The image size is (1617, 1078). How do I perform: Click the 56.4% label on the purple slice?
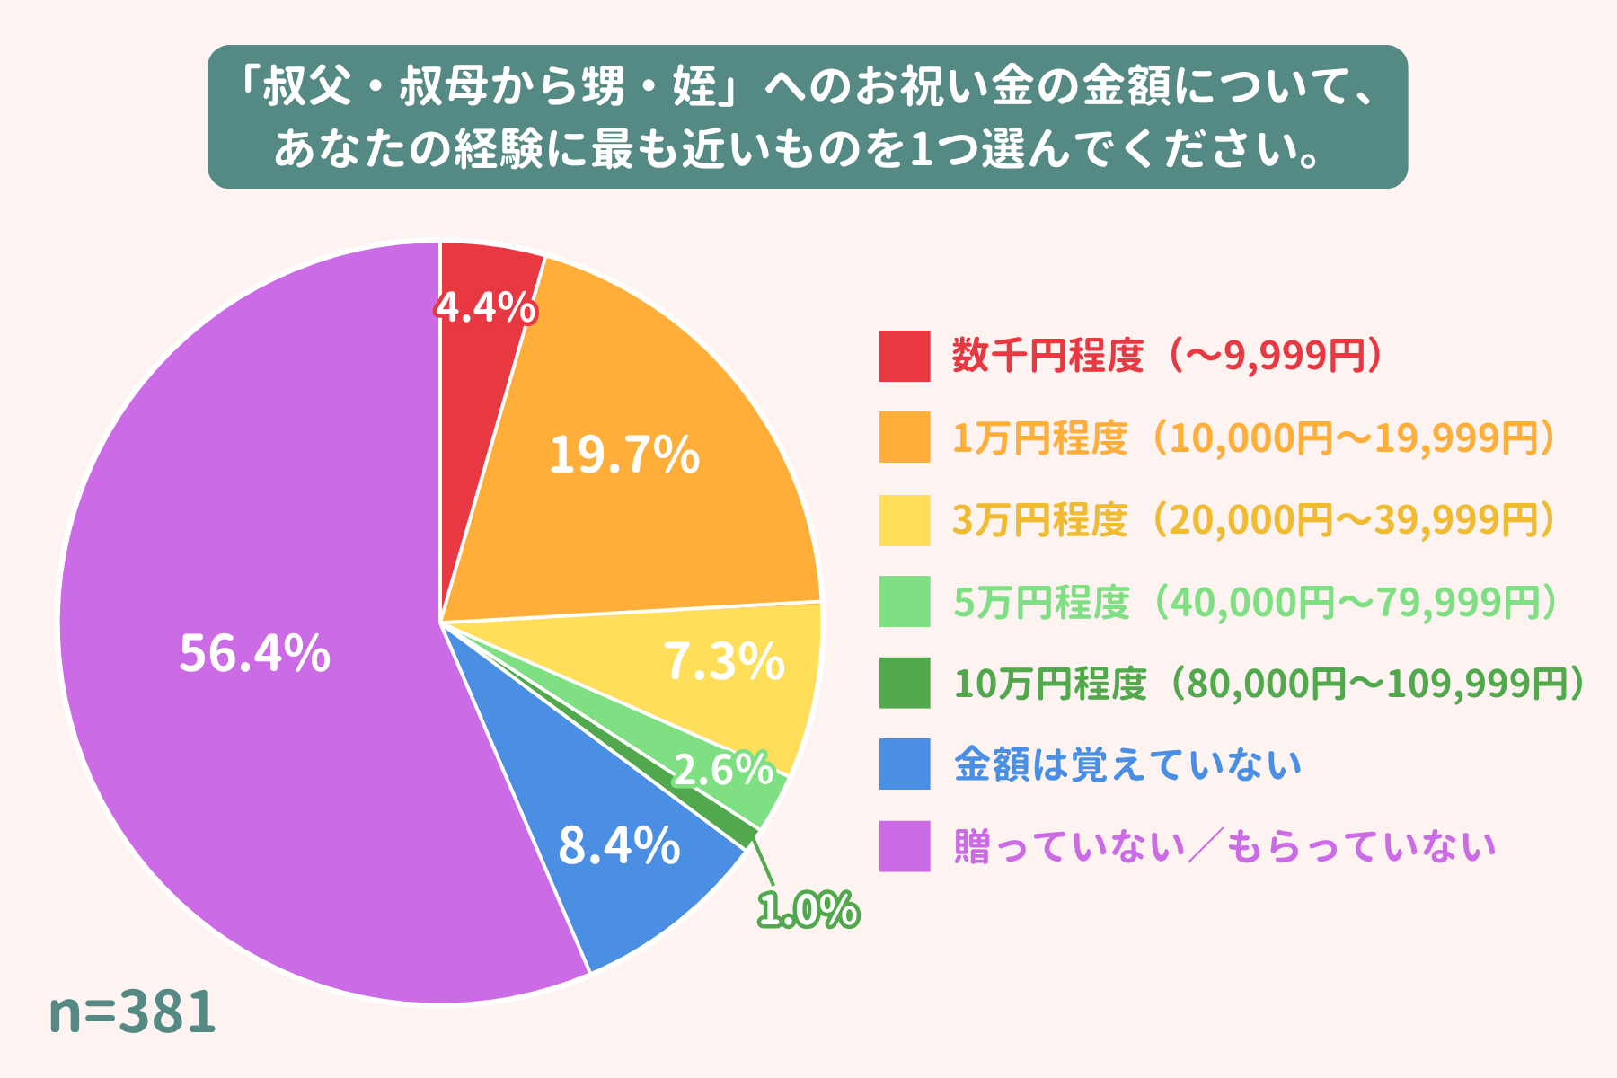pos(254,653)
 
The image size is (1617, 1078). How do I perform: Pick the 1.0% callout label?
pos(808,911)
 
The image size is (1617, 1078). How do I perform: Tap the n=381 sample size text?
pos(132,1012)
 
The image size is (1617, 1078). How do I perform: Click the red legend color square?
pos(904,357)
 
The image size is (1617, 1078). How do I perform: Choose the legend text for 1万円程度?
pos(1253,438)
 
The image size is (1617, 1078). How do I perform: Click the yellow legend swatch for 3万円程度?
pos(904,520)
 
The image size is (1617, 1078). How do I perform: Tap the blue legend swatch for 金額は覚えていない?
pos(904,764)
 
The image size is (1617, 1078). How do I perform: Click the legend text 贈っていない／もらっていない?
pos(1224,846)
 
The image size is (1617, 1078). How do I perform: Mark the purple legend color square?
pos(904,846)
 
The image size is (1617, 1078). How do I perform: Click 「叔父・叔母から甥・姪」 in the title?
pos(490,88)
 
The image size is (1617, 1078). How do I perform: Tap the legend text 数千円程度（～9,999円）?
pos(1168,357)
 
